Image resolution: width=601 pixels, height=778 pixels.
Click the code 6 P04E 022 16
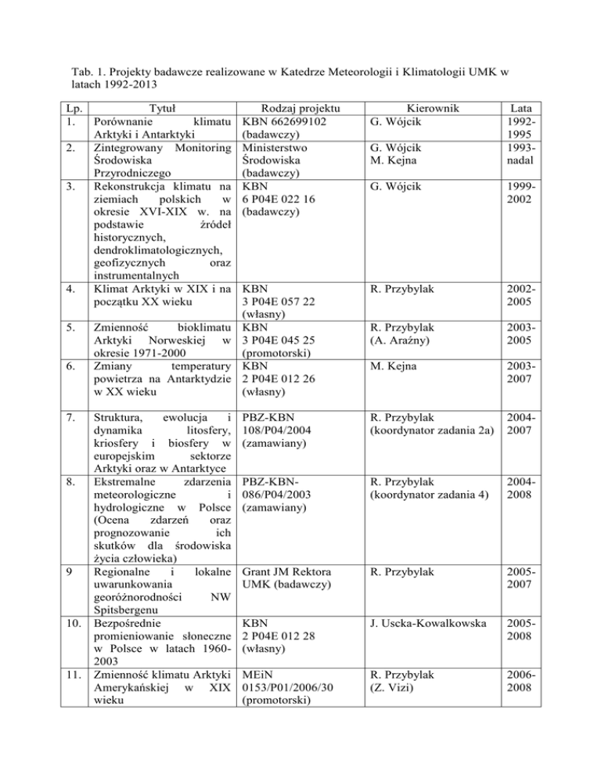284,199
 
